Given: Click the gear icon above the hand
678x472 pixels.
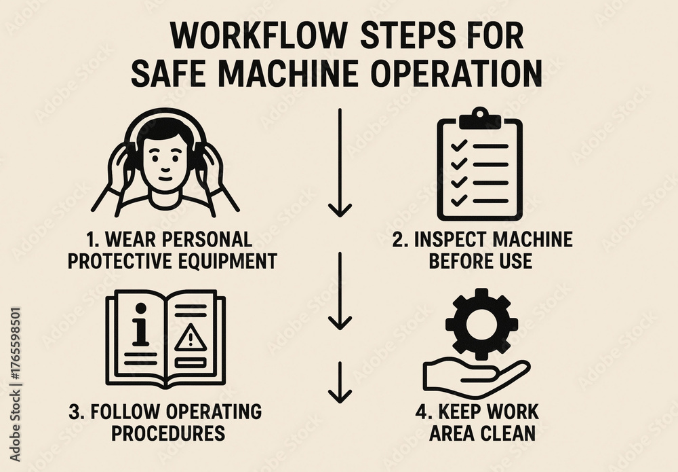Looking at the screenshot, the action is (x=481, y=325).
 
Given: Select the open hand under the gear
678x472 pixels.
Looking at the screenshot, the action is (x=476, y=378).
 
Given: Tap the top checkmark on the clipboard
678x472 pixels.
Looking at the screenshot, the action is (x=459, y=145).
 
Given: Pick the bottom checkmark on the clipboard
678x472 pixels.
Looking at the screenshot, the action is (x=459, y=200).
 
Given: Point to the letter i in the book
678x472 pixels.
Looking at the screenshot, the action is (x=140, y=325).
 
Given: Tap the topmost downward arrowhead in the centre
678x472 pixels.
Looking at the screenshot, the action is (x=340, y=210).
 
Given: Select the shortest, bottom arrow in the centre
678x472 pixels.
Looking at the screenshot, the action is (x=340, y=382).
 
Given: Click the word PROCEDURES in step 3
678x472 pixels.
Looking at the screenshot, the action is (x=168, y=433).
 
